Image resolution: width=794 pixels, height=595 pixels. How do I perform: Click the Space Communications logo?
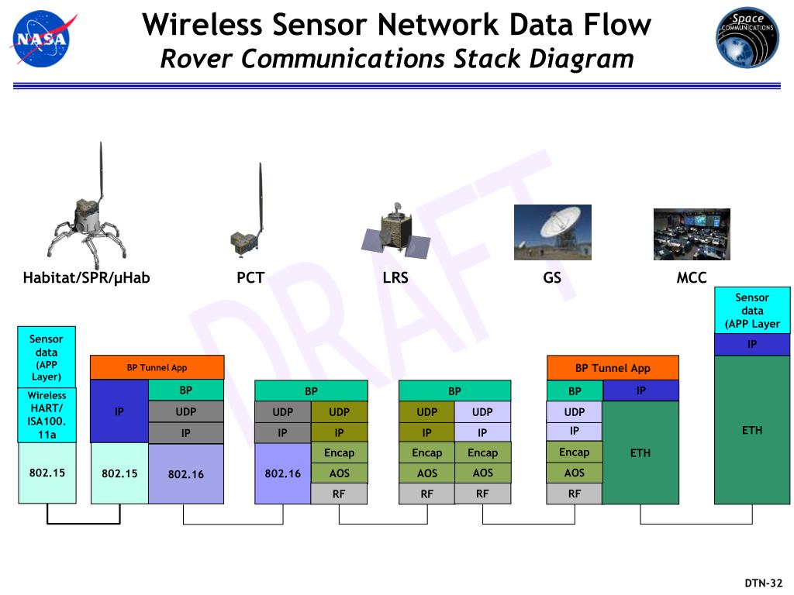747,38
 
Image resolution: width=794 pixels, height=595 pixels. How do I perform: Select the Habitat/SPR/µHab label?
86,277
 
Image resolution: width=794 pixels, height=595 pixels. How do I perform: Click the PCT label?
250,277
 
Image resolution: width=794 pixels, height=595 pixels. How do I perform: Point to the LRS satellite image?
396,232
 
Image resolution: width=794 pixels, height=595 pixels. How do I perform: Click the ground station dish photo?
552,232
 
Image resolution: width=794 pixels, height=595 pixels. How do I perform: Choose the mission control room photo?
692,234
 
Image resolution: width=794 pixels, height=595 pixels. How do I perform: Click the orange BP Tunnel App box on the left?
157,368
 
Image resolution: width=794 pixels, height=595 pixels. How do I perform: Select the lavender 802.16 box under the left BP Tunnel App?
186,473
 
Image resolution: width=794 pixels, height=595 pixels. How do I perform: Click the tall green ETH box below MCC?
751,430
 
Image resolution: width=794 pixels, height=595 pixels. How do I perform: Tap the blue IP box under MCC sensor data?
751,345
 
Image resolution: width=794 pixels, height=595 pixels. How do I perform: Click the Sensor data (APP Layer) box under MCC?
751,310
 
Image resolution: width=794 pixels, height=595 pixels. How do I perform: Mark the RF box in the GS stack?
574,494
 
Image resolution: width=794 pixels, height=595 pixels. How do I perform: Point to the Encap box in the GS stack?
574,452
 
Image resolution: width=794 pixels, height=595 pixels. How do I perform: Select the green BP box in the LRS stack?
454,391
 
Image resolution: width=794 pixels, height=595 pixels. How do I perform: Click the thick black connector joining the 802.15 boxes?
84,523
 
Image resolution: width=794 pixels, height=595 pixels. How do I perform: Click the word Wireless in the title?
203,26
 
